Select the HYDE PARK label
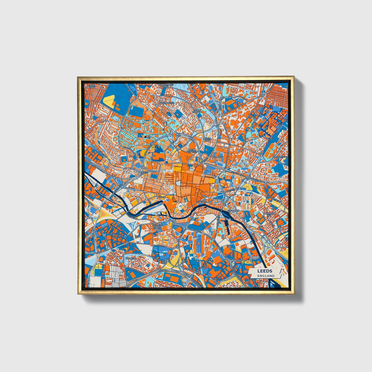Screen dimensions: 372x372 pyautogui.click(x=92, y=86)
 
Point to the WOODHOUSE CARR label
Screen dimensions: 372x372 pyautogui.click(x=166, y=86)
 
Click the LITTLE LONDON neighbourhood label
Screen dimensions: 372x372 pyautogui.click(x=198, y=111)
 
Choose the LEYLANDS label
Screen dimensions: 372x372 pyautogui.click(x=218, y=157)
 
